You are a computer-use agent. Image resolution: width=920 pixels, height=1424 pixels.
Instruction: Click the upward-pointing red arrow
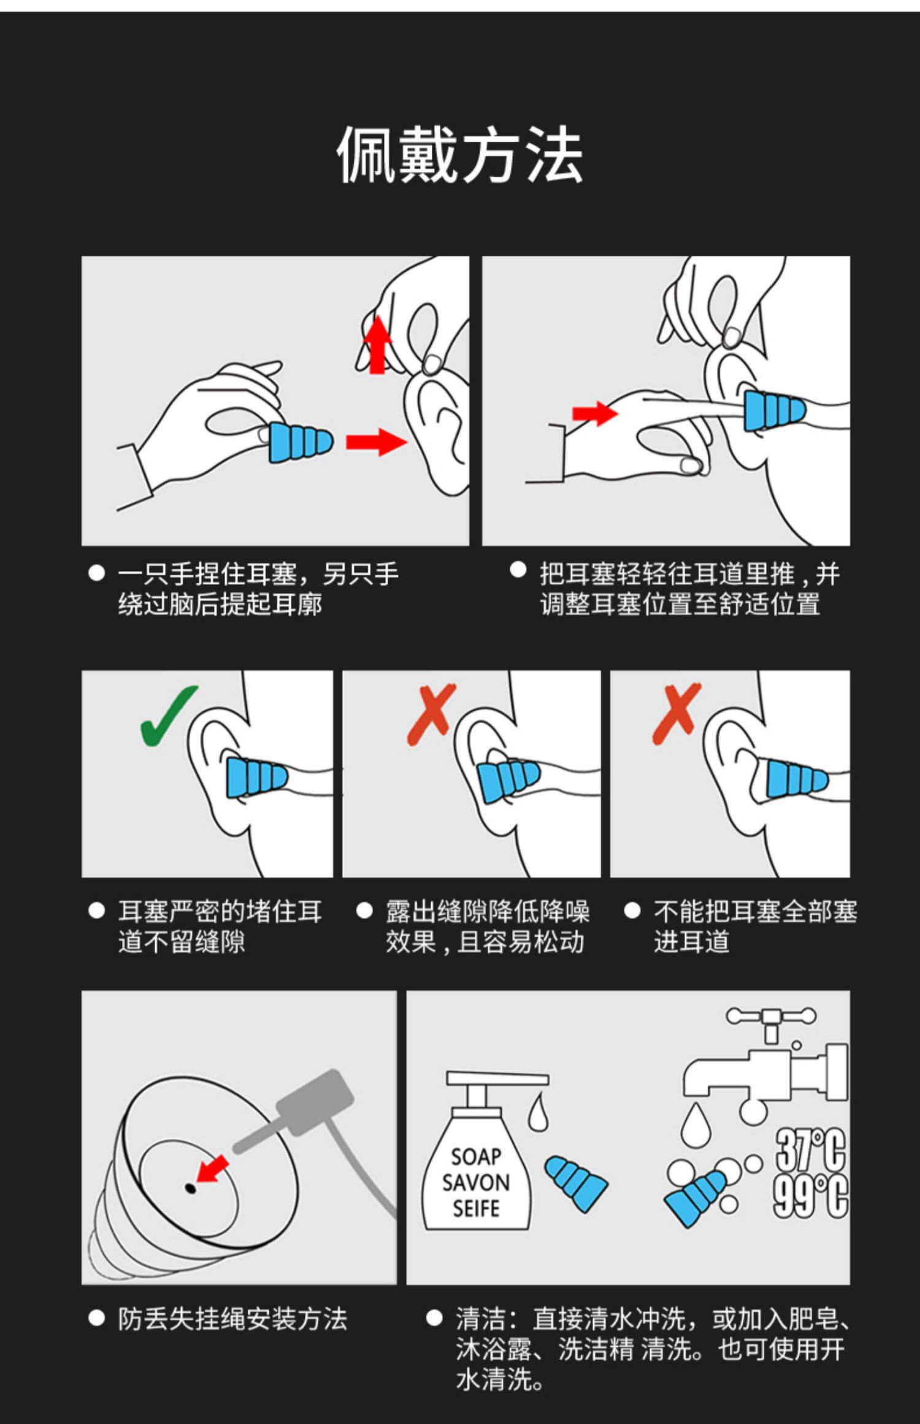point(377,345)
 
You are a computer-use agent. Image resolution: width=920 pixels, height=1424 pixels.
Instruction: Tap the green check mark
point(169,715)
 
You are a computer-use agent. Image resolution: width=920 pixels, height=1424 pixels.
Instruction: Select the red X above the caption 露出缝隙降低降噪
point(432,714)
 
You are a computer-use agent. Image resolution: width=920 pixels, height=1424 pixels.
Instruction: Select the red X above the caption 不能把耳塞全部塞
point(677,714)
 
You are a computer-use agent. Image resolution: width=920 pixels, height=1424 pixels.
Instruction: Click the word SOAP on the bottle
point(476,1157)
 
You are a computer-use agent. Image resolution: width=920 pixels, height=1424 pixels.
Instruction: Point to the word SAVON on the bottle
point(476,1182)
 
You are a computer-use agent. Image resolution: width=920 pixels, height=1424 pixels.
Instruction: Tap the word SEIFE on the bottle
point(476,1208)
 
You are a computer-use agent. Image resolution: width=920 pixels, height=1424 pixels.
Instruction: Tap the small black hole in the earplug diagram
point(190,1189)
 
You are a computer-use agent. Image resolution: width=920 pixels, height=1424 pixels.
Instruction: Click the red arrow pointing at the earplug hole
point(212,1169)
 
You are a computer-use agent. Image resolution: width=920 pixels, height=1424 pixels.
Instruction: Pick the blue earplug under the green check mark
point(256,778)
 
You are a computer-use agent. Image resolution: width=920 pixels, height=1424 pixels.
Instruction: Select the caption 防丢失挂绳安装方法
point(232,1319)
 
